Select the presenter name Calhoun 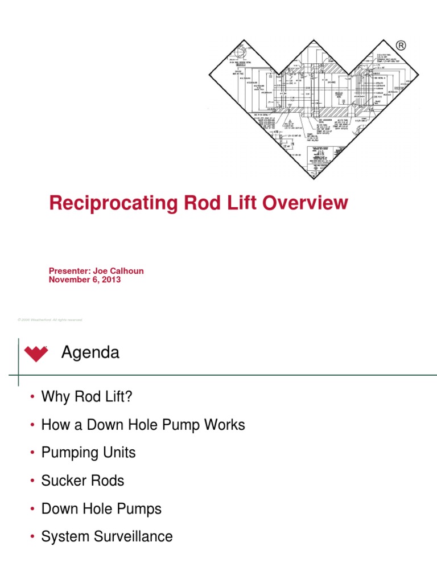[124, 271]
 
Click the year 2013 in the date [109, 280]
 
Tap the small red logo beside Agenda [36, 354]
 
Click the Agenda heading [90, 353]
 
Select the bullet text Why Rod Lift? [86, 397]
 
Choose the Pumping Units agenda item [88, 453]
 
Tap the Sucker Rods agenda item [83, 481]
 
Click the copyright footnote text [50, 320]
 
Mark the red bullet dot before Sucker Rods [34, 481]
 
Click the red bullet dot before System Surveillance [34, 537]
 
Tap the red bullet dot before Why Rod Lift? [34, 397]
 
